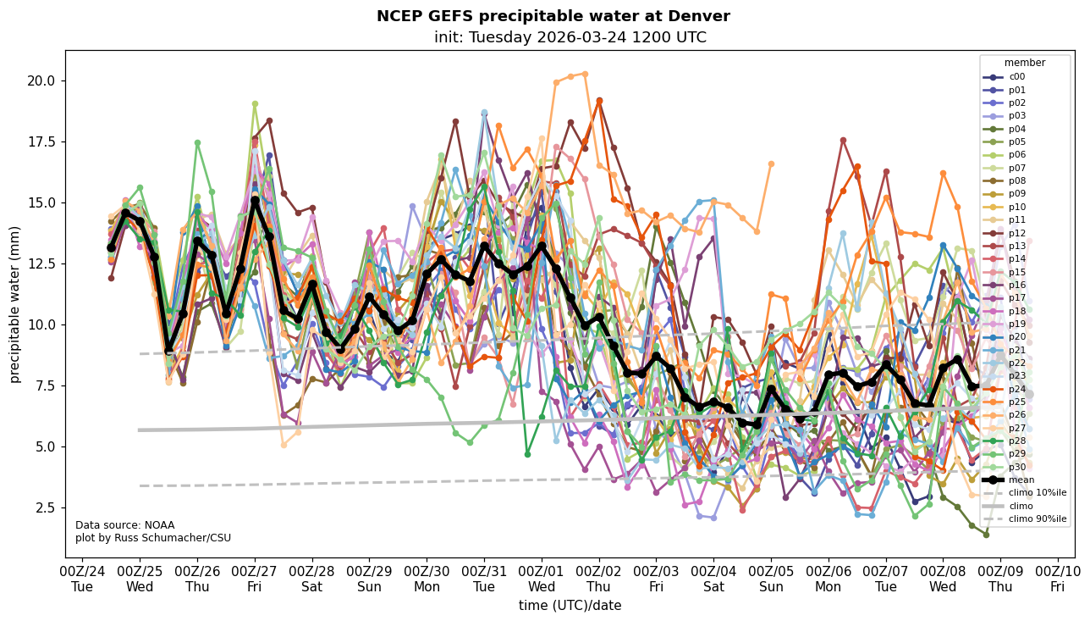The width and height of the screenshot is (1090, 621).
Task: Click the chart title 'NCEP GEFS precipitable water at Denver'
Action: (x=553, y=16)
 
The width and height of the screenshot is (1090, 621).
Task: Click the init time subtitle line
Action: (x=570, y=37)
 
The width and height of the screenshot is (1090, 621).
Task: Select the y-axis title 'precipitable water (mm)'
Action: (x=15, y=304)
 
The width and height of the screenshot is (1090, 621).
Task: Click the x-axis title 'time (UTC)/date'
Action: (x=570, y=606)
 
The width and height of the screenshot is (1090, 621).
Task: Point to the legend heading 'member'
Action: (x=1025, y=63)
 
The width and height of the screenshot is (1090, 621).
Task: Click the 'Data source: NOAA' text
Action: (x=124, y=525)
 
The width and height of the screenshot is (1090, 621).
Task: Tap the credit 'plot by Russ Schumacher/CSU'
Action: (x=152, y=537)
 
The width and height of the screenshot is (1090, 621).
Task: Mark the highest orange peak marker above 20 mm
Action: (x=585, y=74)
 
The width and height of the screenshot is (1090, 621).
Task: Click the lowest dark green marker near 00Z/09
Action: (x=986, y=535)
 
